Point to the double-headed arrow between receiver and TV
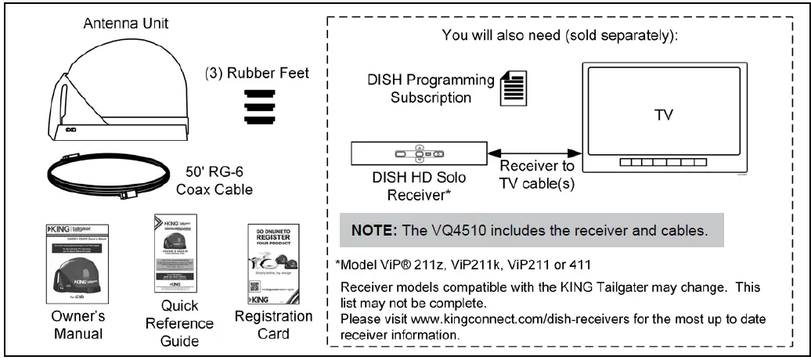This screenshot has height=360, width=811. click(x=532, y=154)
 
